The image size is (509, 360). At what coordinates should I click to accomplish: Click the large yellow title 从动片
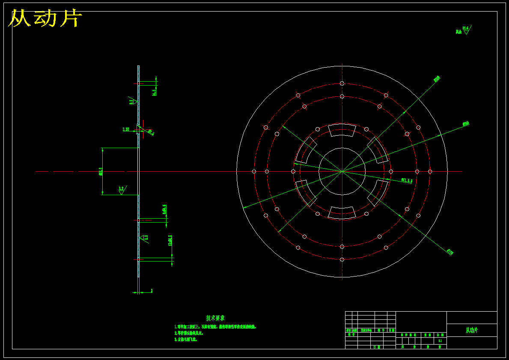[45, 19]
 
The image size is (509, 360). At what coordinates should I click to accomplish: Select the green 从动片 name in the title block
[471, 330]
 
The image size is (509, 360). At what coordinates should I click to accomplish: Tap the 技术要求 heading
[215, 318]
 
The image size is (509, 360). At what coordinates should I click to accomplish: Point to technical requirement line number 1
[215, 327]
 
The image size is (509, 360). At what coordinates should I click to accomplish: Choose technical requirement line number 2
[189, 333]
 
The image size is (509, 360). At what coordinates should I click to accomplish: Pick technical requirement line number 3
[185, 339]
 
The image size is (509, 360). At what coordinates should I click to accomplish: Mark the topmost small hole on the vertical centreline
[342, 83]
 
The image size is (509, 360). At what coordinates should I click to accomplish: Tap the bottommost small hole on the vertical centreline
[342, 259]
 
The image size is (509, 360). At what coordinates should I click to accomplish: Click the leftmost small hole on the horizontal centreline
[254, 171]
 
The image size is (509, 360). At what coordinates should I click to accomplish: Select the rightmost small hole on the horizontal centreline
[430, 171]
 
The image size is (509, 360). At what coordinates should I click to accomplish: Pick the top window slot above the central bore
[342, 130]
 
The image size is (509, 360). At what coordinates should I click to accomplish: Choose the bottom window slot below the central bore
[342, 213]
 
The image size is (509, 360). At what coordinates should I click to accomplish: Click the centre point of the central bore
[342, 171]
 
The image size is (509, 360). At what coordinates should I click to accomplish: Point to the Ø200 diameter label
[437, 79]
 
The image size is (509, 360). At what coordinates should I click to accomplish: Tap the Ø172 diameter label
[449, 252]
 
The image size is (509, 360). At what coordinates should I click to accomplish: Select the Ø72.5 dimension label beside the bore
[407, 181]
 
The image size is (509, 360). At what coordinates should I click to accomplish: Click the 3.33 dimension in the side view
[126, 129]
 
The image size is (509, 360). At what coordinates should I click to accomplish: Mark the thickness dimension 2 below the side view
[152, 291]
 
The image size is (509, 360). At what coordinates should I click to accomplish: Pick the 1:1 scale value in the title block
[440, 341]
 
